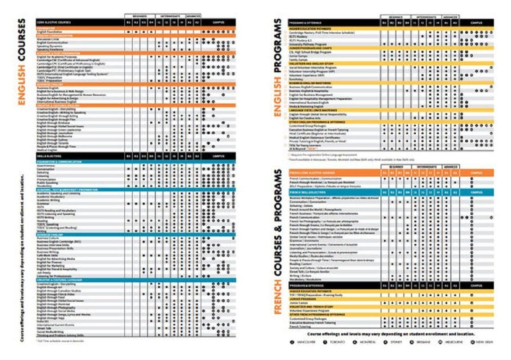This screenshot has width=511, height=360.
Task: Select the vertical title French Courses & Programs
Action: (x=278, y=241)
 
